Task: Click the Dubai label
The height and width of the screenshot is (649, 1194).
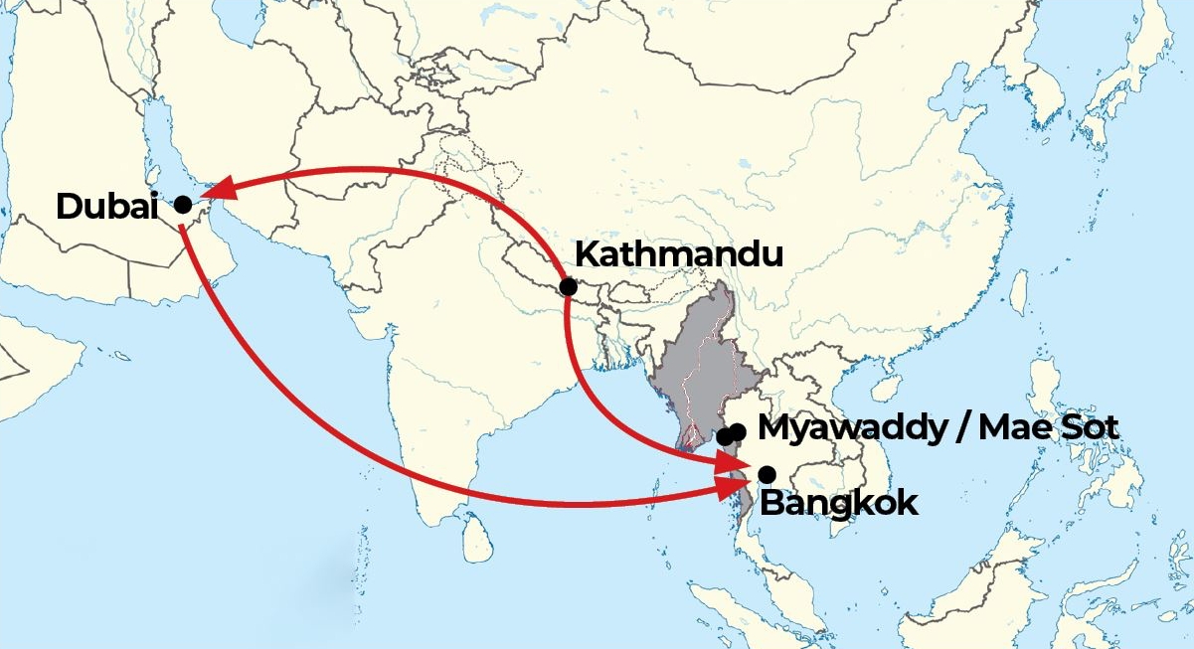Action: click(x=107, y=207)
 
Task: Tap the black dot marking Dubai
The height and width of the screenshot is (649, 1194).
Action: click(x=183, y=205)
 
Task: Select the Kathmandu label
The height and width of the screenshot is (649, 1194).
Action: click(x=679, y=254)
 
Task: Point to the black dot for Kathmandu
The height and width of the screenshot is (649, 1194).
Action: click(x=568, y=287)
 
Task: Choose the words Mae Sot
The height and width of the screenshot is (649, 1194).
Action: click(x=1049, y=428)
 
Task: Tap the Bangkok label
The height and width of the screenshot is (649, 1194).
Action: click(x=838, y=502)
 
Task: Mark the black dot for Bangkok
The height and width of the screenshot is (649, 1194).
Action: click(x=767, y=473)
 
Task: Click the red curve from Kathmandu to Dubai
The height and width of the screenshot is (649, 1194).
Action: click(x=398, y=171)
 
